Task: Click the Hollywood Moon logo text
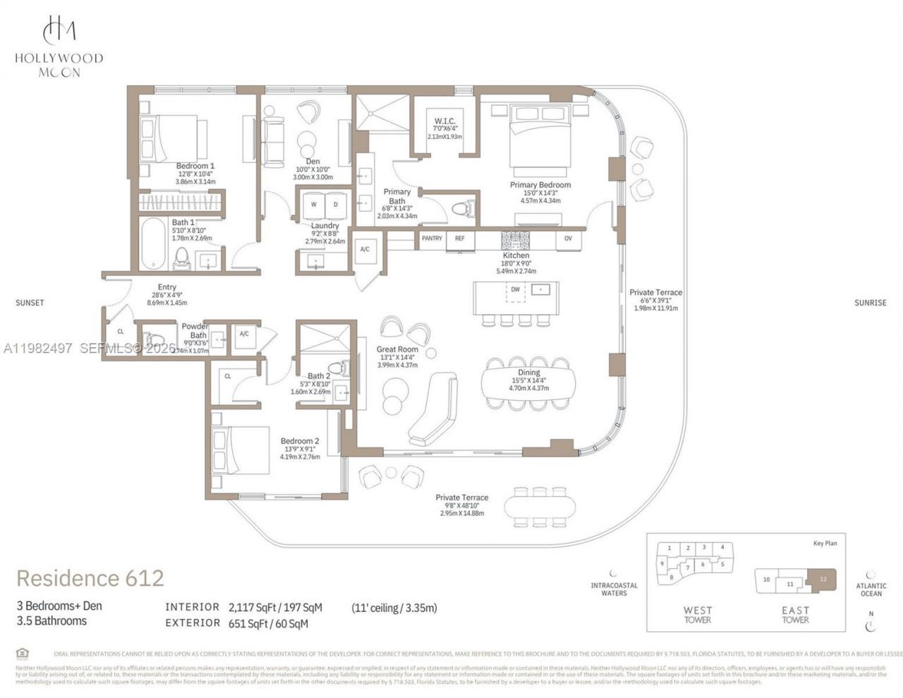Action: pos(59,64)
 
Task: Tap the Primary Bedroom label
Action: pos(540,185)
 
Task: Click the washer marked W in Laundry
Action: pos(313,205)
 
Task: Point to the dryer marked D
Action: pos(335,205)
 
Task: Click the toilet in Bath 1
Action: pos(182,258)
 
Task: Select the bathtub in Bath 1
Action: pos(152,244)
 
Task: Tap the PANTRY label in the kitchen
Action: pos(432,239)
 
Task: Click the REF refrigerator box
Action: pos(460,239)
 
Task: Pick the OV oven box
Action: pos(568,239)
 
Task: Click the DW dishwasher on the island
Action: pos(515,289)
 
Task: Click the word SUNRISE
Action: pos(870,303)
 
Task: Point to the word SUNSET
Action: pos(30,303)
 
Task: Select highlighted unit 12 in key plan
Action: pos(822,579)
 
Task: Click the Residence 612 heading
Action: pos(90,578)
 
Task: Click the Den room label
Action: pos(312,162)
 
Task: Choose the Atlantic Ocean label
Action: pos(871,589)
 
